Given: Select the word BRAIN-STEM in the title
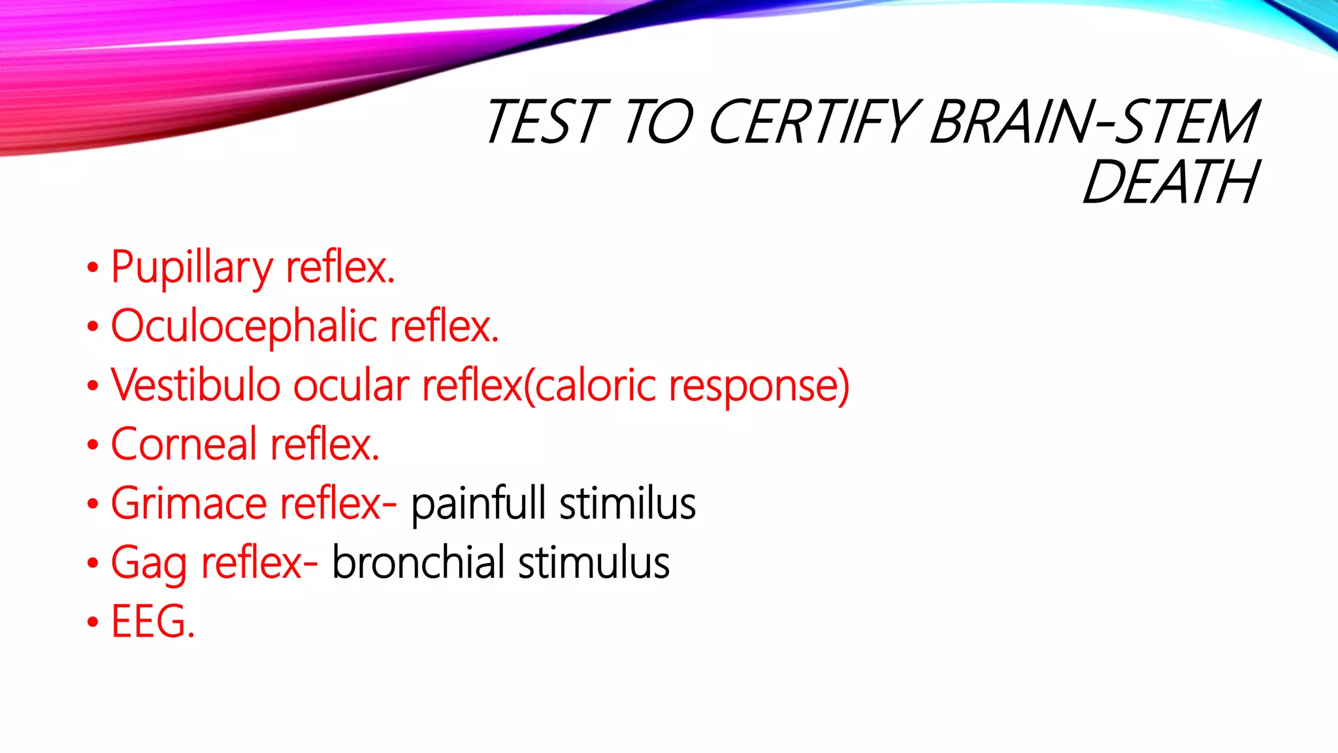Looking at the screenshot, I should pos(1094,122).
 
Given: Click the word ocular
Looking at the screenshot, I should pos(351,386).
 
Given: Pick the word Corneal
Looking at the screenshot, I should pos(184,444).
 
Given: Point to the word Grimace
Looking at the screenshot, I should pos(189,503).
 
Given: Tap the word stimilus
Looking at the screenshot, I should pos(627,503).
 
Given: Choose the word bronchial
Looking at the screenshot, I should pos(418,562).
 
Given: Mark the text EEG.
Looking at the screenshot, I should pos(153,621).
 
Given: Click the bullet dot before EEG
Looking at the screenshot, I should pos(93,622).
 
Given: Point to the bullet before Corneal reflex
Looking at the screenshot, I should pos(93,445).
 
